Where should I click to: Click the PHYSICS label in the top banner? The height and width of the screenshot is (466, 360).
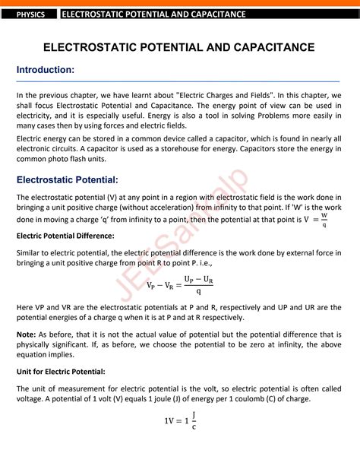[31, 14]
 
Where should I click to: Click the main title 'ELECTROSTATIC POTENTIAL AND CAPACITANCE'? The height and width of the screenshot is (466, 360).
[179, 47]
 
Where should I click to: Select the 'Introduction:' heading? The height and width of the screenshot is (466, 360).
[46, 70]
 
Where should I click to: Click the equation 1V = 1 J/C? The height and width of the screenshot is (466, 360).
[180, 420]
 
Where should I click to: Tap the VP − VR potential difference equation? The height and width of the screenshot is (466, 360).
[179, 284]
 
